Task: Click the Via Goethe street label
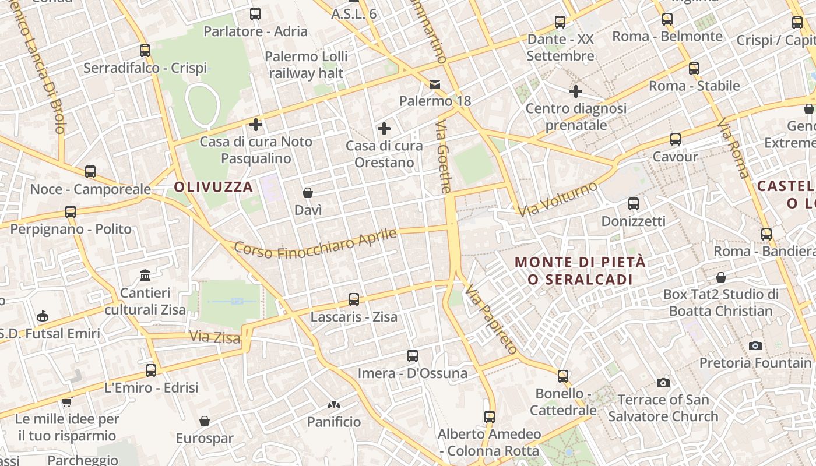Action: point(444,157)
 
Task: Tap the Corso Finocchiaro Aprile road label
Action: point(315,243)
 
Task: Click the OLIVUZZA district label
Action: point(214,187)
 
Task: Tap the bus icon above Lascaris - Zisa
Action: point(354,299)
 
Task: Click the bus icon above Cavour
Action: point(676,139)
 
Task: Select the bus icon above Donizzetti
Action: point(634,204)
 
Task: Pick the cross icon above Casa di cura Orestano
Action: point(384,129)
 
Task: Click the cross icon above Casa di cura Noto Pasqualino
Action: point(255,124)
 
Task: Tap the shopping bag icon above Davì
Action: point(308,193)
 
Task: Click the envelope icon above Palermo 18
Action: point(435,84)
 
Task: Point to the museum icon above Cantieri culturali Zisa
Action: point(145,275)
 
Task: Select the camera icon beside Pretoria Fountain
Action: point(755,345)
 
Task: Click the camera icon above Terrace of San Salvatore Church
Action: point(663,383)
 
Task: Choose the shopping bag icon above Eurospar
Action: point(205,421)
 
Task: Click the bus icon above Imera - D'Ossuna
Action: point(413,355)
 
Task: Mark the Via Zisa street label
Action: point(215,337)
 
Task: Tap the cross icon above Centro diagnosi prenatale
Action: point(576,91)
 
